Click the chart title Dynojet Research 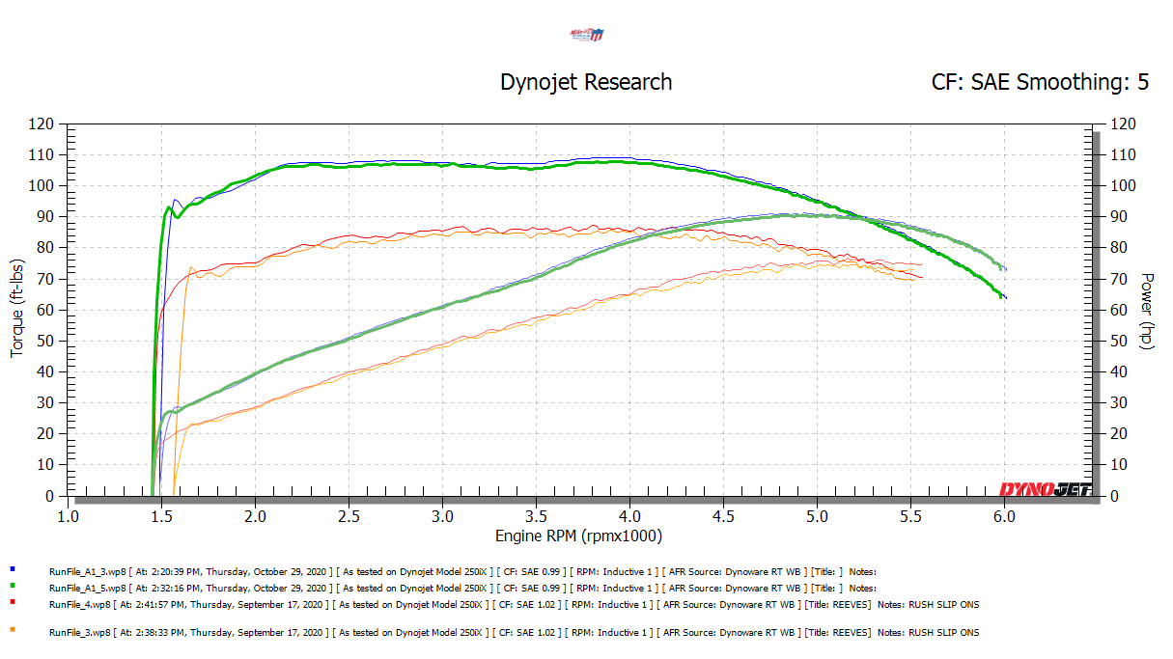point(586,82)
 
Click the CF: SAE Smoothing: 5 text point(1040,82)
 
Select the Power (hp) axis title point(1148,310)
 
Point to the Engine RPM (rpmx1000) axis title point(579,535)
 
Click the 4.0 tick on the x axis point(629,516)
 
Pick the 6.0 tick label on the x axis point(1004,516)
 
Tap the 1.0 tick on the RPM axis point(68,516)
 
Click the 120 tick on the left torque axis point(42,124)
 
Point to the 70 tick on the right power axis point(1118,279)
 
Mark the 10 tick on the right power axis point(1118,465)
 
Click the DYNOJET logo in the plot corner point(1046,488)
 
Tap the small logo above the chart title point(587,36)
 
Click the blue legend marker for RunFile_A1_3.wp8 point(12,570)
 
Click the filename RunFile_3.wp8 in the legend point(79,632)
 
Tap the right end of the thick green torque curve point(1001,296)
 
